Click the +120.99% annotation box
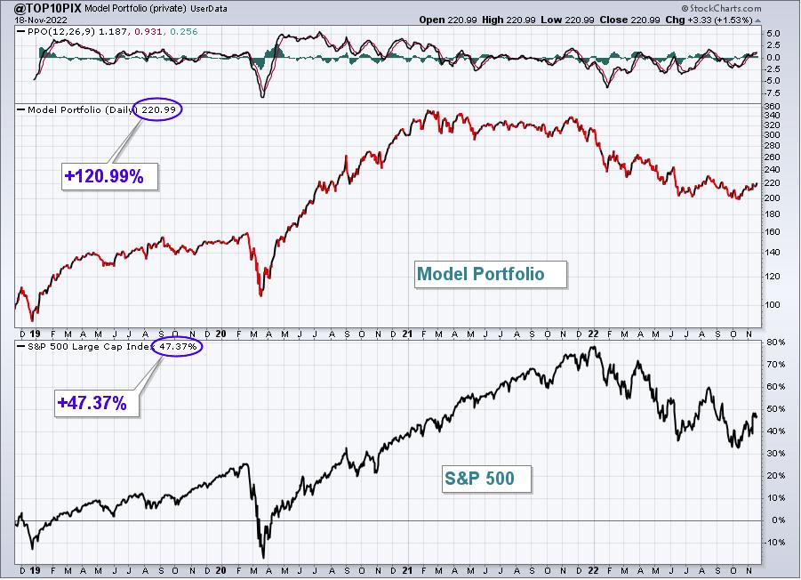(x=109, y=177)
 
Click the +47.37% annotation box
(x=97, y=403)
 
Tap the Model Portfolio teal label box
(x=491, y=274)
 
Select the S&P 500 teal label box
(x=487, y=479)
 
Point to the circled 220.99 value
(x=158, y=109)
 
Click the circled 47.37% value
(x=177, y=346)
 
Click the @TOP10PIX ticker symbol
(x=47, y=8)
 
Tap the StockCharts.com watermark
(x=721, y=8)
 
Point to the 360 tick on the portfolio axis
(x=773, y=106)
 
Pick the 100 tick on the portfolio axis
(x=773, y=304)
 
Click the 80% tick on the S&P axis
(x=775, y=342)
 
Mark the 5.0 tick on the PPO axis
(x=773, y=33)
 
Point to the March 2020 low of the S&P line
(x=264, y=558)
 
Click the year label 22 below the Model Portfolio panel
(x=593, y=334)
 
